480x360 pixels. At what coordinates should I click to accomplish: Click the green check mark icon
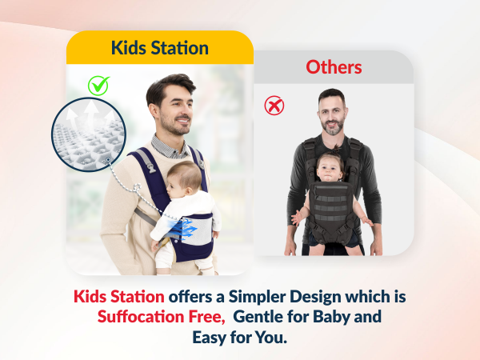[99, 84]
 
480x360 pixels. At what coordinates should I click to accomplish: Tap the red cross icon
[274, 105]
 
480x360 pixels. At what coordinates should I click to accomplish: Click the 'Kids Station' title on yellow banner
[160, 47]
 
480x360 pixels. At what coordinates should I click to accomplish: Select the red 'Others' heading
[334, 66]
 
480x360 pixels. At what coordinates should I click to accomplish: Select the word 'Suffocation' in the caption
[142, 317]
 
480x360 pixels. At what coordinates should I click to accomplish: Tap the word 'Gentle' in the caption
[260, 317]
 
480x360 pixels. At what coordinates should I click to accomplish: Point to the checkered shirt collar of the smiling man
[170, 144]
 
